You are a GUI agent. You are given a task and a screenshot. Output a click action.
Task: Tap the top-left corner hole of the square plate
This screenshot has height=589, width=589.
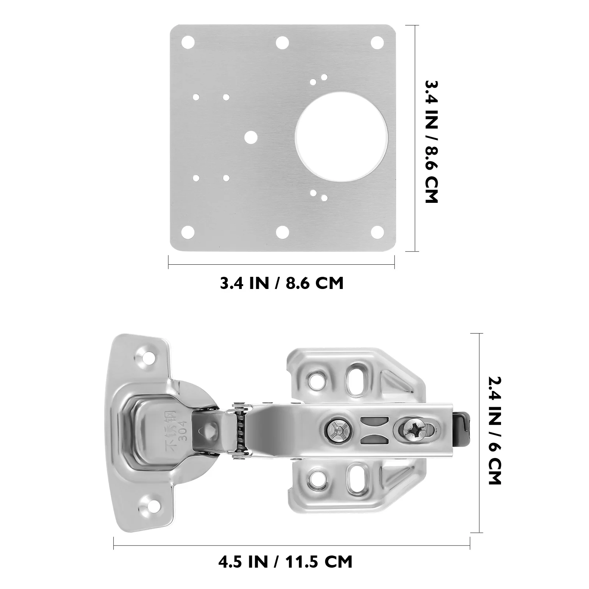(x=188, y=42)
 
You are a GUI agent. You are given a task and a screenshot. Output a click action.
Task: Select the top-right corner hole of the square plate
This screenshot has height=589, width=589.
(x=377, y=42)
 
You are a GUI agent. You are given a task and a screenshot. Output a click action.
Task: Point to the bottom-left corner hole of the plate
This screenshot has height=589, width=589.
(x=188, y=232)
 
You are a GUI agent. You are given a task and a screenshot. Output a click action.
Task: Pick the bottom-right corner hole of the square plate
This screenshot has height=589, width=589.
(x=377, y=232)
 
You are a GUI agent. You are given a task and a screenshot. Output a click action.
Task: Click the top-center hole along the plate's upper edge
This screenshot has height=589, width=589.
(x=282, y=42)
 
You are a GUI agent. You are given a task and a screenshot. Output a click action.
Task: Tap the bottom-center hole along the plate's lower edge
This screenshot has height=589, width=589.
(x=282, y=232)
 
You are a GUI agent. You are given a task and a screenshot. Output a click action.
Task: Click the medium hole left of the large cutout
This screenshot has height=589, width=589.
(x=251, y=137)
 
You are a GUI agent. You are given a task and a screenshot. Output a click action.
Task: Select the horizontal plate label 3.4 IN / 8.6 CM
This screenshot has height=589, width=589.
(x=282, y=283)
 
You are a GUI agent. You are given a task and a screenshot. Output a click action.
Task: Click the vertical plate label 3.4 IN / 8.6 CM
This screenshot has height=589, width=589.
(x=431, y=141)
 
